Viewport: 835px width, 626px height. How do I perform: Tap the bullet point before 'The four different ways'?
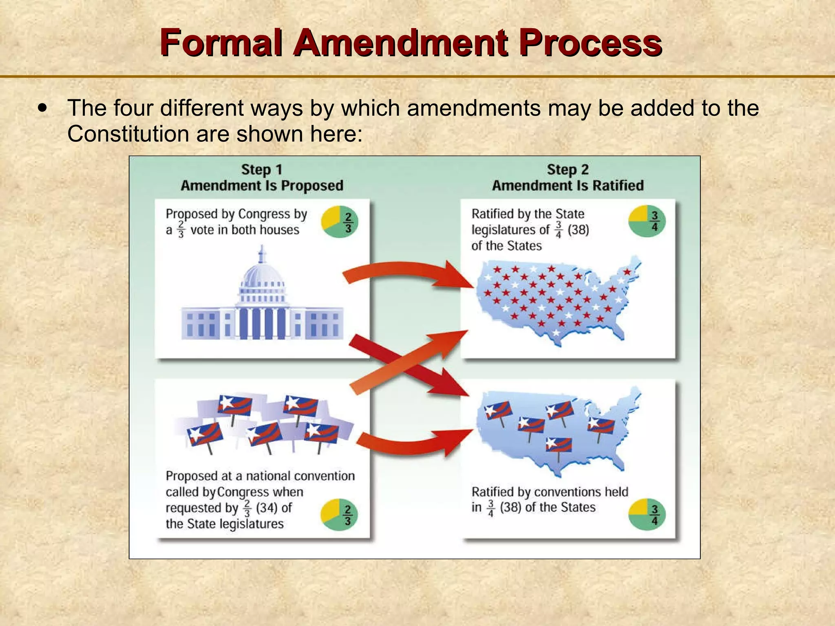tap(42, 108)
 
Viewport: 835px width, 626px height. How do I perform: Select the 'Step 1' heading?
tap(262, 170)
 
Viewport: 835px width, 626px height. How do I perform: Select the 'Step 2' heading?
tap(568, 170)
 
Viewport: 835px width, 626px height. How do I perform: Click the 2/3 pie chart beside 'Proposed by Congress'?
tap(340, 223)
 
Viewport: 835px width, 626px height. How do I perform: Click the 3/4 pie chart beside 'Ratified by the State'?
tap(647, 221)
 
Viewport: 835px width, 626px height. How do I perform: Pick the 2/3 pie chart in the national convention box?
tap(339, 515)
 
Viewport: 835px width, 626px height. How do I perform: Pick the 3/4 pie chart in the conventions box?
tap(647, 515)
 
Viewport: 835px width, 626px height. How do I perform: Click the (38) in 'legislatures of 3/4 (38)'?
tap(578, 230)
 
